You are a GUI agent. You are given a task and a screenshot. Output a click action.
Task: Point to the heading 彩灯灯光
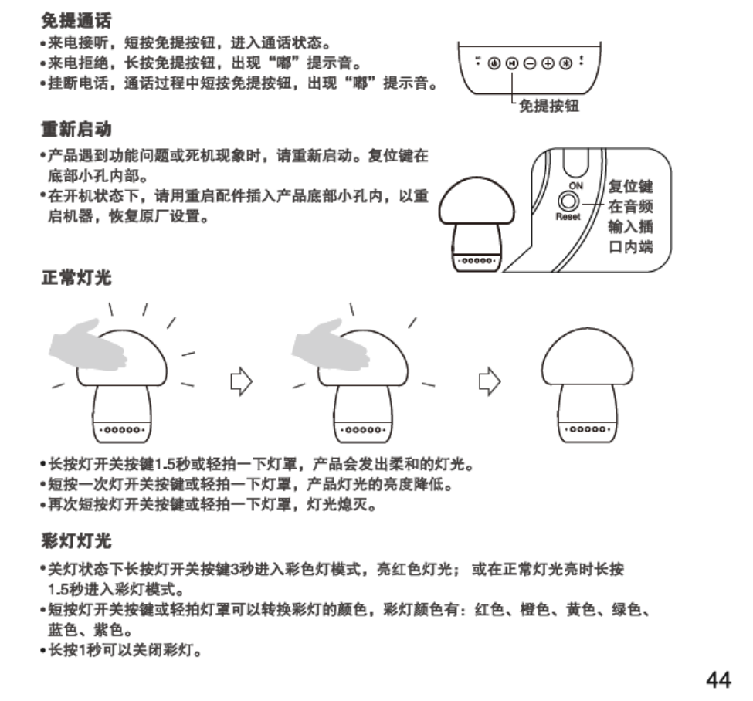[x=76, y=538]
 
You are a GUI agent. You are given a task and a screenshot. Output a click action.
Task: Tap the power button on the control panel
[x=494, y=62]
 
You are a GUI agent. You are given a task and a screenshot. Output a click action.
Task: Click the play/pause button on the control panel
[x=511, y=62]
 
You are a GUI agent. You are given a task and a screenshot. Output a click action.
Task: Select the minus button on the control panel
[x=530, y=62]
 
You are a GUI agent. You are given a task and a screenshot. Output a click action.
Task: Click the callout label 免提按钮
[x=549, y=106]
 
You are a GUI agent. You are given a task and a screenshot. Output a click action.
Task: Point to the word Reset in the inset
[x=568, y=217]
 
